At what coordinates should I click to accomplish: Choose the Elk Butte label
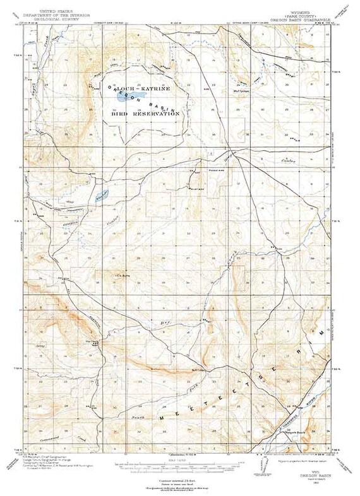(121, 275)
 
